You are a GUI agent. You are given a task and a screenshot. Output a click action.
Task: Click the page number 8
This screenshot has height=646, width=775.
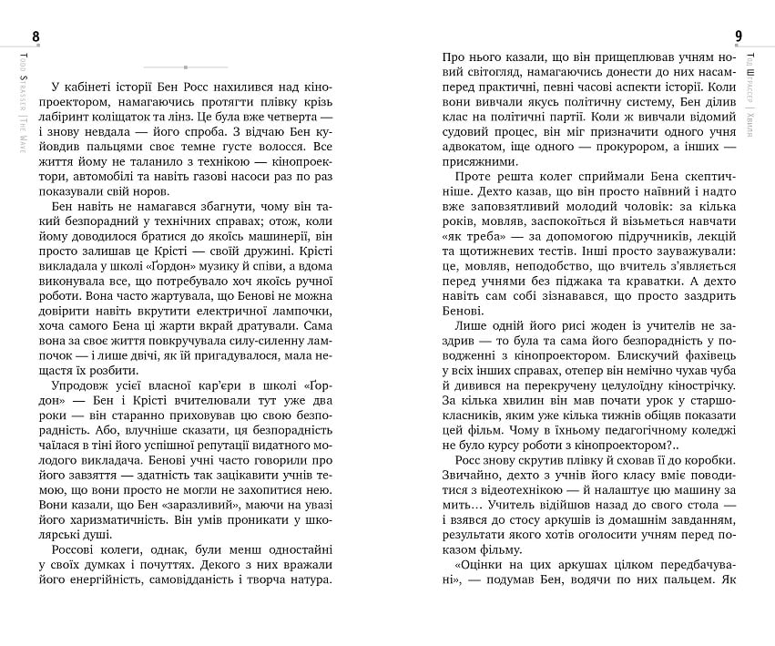click(36, 36)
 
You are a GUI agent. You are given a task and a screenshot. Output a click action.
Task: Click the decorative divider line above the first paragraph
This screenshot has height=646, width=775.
click(186, 67)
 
